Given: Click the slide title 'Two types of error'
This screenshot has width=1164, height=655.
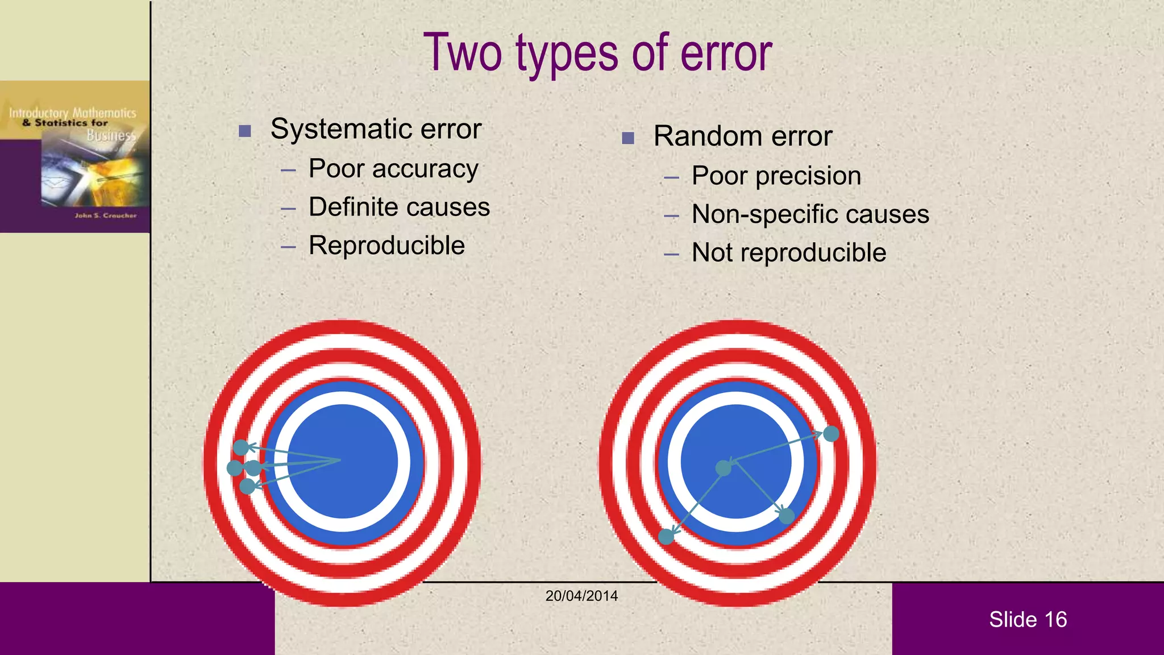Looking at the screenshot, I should [x=597, y=52].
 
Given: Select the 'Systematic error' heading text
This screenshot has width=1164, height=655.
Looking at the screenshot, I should [x=376, y=128].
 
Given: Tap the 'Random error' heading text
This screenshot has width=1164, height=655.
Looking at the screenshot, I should [x=742, y=136].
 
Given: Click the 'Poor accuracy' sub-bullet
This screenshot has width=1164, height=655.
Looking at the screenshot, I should [x=393, y=169].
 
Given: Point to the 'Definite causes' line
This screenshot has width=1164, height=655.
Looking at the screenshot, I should [x=399, y=207].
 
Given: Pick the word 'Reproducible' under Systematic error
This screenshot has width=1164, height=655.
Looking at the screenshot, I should [x=386, y=246].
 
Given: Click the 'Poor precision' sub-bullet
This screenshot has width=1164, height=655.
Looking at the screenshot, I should [x=776, y=176].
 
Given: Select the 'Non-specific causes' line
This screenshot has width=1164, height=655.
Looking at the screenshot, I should [x=810, y=214].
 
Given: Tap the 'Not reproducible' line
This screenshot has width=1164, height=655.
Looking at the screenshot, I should [x=788, y=252].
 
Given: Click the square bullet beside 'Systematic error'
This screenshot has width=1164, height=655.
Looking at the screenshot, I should [x=245, y=131].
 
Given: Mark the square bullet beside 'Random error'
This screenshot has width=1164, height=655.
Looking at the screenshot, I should [x=628, y=138].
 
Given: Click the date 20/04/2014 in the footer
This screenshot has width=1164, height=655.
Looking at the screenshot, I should [x=581, y=596].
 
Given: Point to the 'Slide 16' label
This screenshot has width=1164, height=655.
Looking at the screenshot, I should [x=1028, y=619].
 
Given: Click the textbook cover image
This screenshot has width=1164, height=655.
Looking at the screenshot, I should [x=75, y=157].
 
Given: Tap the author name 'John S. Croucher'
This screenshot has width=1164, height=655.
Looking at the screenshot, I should [x=106, y=215].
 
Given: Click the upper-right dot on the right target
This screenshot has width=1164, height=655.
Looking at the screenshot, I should [x=831, y=434].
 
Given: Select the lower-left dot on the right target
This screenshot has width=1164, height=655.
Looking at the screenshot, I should [x=666, y=536].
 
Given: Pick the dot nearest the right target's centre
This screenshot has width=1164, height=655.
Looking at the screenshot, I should [x=724, y=468].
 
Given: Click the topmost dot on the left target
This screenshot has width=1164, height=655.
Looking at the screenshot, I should [x=241, y=447].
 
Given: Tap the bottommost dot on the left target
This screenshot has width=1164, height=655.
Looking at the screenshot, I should [x=247, y=486].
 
